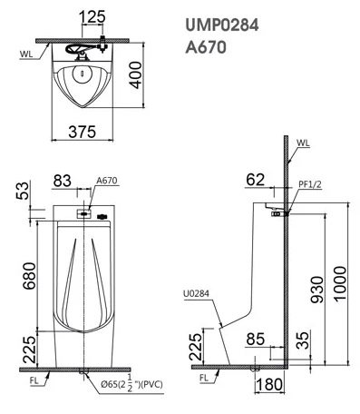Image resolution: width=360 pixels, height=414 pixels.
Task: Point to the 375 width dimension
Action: [x=84, y=131]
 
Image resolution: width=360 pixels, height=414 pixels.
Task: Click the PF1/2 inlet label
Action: [x=309, y=184]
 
